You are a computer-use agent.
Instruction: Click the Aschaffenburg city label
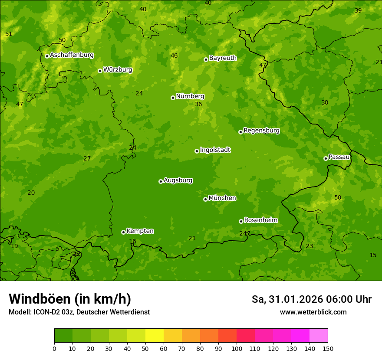tap(72, 55)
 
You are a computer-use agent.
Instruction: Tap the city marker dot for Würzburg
tap(100, 71)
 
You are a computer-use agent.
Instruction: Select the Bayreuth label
tap(223, 58)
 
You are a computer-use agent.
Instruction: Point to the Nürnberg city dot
tap(173, 98)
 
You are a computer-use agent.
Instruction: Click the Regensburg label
tap(261, 130)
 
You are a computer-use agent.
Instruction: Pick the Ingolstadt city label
tap(215, 150)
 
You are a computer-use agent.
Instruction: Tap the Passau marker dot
tap(326, 158)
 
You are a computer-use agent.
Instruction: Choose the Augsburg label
tap(178, 180)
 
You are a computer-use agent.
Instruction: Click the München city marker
tap(205, 199)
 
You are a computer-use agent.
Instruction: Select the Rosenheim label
tap(260, 220)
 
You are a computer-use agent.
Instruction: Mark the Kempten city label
tap(140, 231)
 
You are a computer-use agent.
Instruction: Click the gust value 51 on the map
tap(9, 34)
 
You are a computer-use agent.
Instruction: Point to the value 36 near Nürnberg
tap(198, 104)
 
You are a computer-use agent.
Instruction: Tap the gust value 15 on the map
tap(373, 255)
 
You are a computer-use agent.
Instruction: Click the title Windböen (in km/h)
tap(69, 299)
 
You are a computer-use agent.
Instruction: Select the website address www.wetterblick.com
tap(313, 312)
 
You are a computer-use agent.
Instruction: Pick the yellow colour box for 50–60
tap(155, 336)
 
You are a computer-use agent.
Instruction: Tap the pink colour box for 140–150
tap(319, 336)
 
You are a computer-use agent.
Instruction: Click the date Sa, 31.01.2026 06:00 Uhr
tap(311, 299)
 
